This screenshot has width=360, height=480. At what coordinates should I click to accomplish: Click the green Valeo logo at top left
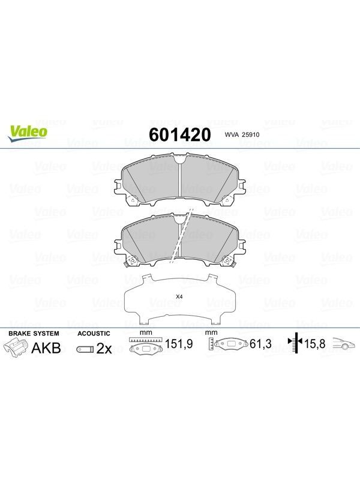27,133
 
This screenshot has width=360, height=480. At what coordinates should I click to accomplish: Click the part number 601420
179,134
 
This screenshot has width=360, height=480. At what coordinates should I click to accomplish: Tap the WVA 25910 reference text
242,134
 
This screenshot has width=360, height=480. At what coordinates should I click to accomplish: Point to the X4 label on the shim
179,296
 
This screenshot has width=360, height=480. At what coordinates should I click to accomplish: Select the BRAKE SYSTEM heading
34,334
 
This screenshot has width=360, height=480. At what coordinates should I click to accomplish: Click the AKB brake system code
46,349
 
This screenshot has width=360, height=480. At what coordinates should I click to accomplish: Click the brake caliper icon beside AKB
16,349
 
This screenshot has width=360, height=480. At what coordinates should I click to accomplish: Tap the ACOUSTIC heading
94,334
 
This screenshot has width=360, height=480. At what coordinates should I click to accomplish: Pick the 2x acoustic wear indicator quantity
104,349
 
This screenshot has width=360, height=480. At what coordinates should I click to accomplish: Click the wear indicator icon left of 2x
85,349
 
